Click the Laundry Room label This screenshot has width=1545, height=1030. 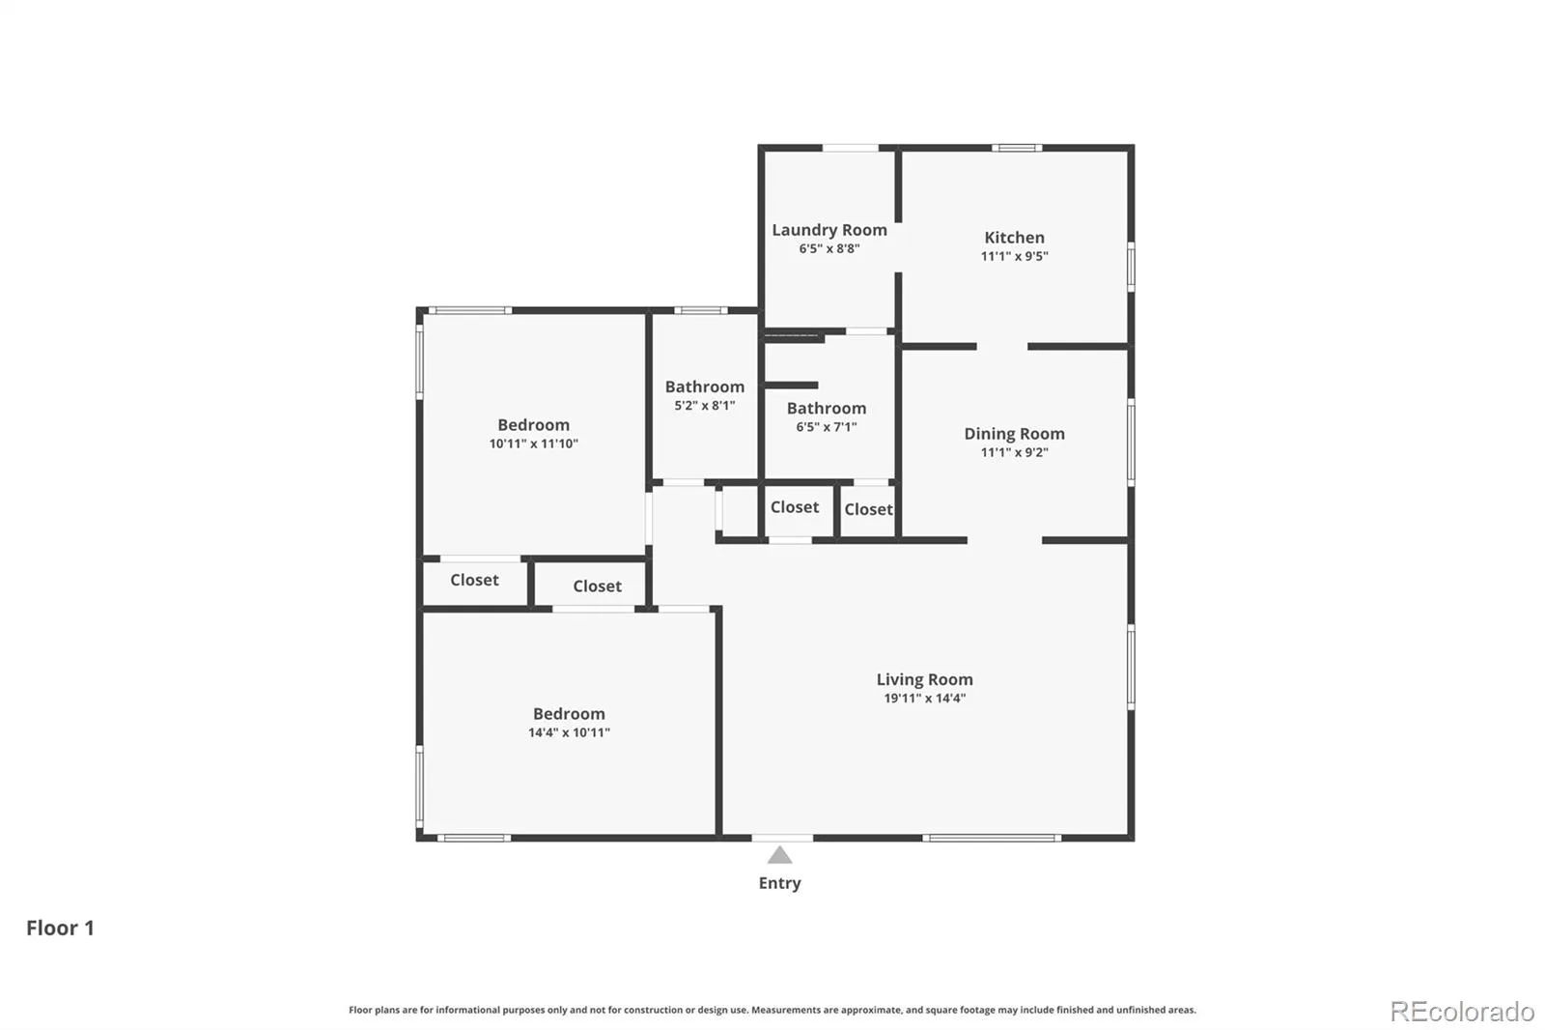pyautogui.click(x=829, y=230)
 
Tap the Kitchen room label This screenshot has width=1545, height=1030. pyautogui.click(x=1014, y=238)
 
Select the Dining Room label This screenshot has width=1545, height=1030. pyautogui.click(x=1014, y=434)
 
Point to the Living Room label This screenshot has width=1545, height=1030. pyautogui.click(x=924, y=679)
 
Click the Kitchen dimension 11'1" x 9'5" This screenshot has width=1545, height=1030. pyautogui.click(x=1014, y=256)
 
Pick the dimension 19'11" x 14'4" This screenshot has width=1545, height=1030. pyautogui.click(x=924, y=698)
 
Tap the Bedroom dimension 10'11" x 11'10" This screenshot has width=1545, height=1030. pyautogui.click(x=533, y=443)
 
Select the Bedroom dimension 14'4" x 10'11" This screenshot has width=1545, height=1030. pyautogui.click(x=569, y=732)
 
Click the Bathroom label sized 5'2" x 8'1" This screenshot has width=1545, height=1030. pyautogui.click(x=704, y=386)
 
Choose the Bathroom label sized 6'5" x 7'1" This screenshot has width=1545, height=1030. pyautogui.click(x=827, y=408)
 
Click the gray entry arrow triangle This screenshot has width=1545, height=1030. pyautogui.click(x=779, y=855)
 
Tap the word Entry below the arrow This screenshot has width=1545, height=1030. pyautogui.click(x=779, y=883)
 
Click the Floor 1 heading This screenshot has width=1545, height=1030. pyautogui.click(x=60, y=928)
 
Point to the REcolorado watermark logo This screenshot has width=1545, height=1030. pyautogui.click(x=1462, y=1012)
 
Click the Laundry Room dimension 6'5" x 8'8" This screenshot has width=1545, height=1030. pyautogui.click(x=829, y=248)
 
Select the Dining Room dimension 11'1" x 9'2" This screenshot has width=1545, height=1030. pyautogui.click(x=1014, y=452)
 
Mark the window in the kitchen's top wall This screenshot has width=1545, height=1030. pyautogui.click(x=1017, y=147)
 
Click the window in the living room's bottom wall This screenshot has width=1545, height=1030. pyautogui.click(x=992, y=838)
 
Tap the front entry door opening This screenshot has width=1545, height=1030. pyautogui.click(x=782, y=838)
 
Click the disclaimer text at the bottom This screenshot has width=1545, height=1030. pyautogui.click(x=772, y=1010)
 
